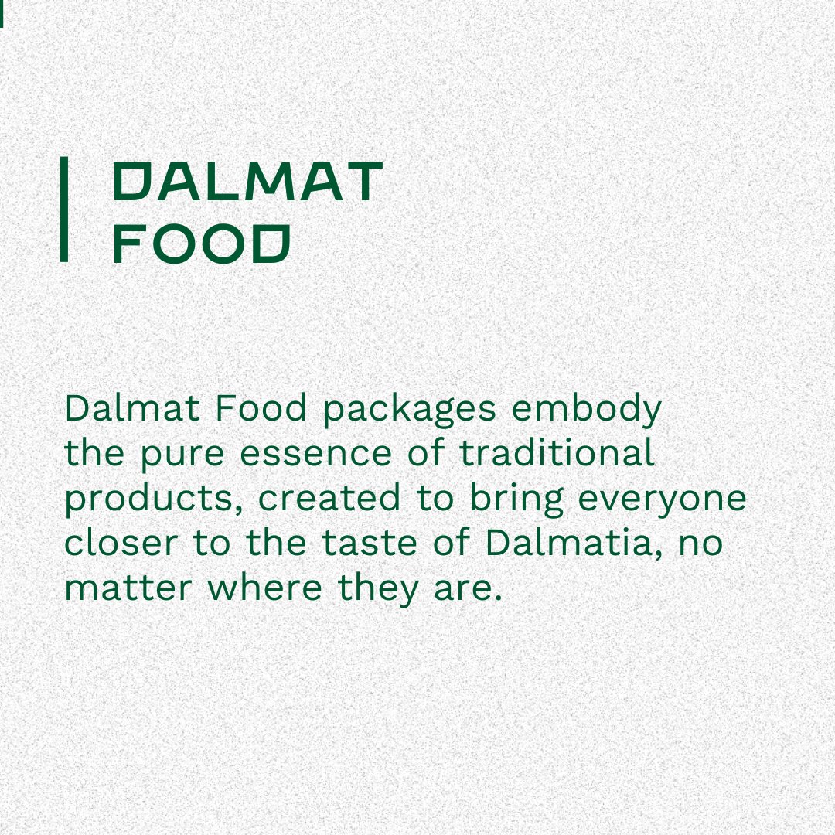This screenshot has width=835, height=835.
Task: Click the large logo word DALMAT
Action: (x=248, y=182)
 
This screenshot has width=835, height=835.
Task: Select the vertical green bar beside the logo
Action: (x=65, y=209)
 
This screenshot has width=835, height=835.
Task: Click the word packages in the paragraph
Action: (x=409, y=409)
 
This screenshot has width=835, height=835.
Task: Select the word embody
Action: (x=587, y=409)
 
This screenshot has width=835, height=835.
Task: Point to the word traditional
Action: (x=557, y=454)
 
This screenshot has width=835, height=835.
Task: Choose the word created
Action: (x=329, y=499)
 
